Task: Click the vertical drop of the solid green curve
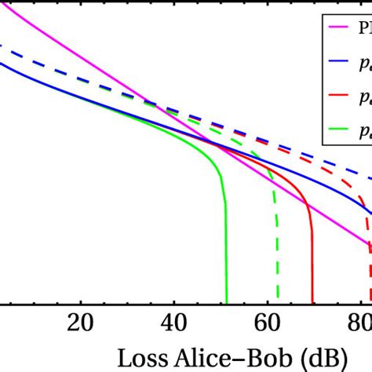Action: [x=226, y=251]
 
